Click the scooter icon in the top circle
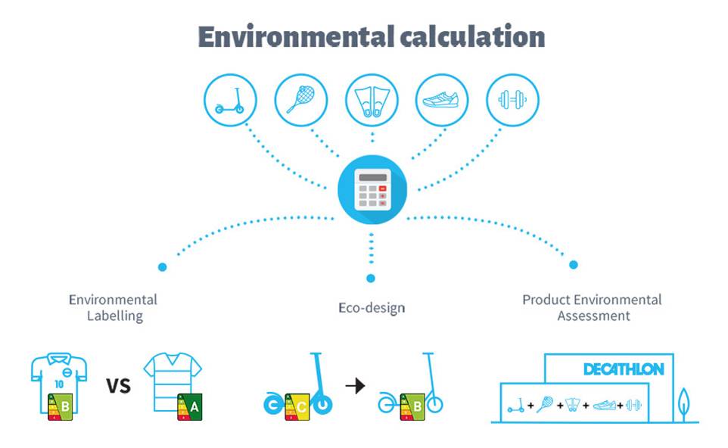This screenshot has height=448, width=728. click(x=230, y=101)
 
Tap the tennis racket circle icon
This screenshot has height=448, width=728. click(x=301, y=100)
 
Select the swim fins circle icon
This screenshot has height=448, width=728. click(x=372, y=100)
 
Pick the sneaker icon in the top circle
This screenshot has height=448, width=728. click(x=440, y=100)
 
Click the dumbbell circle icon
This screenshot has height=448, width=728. click(x=512, y=100)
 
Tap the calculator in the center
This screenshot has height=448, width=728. click(x=372, y=189)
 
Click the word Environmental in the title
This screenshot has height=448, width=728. click(x=296, y=37)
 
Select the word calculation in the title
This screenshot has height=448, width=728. click(x=472, y=36)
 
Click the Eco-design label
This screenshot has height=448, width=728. click(x=372, y=308)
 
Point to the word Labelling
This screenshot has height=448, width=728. click(x=115, y=316)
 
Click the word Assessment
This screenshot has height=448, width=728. click(x=593, y=316)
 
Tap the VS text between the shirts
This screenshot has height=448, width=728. click(x=118, y=386)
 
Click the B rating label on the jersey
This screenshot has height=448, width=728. click(x=61, y=406)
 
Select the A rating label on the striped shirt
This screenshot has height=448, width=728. click(x=189, y=407)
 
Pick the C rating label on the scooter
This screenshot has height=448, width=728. click(x=297, y=407)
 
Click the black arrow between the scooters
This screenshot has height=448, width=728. click(x=355, y=385)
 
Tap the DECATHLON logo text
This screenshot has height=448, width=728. click(x=624, y=369)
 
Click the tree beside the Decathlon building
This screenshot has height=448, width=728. click(x=683, y=405)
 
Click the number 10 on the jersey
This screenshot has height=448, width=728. click(x=59, y=384)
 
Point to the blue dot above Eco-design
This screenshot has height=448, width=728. click(x=371, y=278)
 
